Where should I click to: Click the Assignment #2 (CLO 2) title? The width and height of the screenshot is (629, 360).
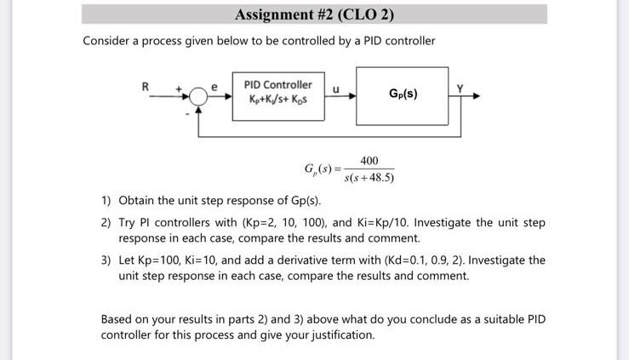point(314,14)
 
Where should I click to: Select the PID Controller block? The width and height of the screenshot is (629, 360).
point(277,94)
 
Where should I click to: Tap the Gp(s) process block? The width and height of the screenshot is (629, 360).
point(402,93)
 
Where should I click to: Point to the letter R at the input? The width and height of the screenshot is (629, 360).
point(146,85)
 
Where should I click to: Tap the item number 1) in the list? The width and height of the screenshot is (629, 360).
point(106,201)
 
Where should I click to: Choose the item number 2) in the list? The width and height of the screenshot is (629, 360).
point(106,223)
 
